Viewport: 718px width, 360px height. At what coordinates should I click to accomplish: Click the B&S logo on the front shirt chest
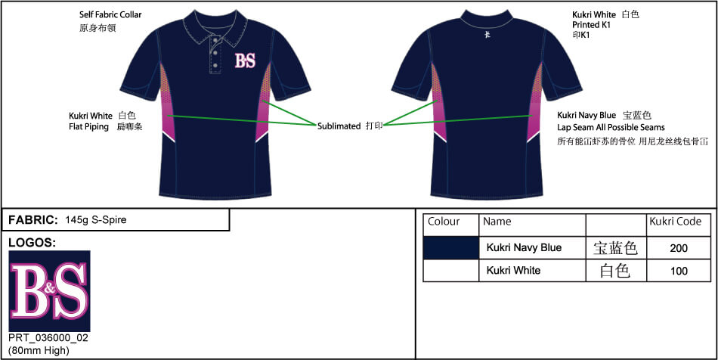244,61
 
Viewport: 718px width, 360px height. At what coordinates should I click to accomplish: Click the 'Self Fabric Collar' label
110,15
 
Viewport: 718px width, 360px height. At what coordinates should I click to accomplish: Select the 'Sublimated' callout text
339,126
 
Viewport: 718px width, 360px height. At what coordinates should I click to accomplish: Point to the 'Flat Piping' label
91,127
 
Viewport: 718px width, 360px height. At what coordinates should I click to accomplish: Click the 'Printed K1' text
592,25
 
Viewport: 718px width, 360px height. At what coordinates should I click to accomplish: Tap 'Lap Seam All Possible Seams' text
611,128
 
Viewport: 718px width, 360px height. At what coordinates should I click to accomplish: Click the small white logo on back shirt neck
487,35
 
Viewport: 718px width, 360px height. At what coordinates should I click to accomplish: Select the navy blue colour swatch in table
450,247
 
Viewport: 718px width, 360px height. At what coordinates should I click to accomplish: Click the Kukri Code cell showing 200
679,248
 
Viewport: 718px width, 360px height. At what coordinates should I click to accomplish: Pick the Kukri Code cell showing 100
679,271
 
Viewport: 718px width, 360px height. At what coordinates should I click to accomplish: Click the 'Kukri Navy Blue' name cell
524,247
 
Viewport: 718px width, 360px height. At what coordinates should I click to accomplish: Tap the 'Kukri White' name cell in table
513,270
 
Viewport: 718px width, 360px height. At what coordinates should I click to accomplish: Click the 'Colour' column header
444,222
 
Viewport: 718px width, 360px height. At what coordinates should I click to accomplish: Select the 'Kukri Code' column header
675,222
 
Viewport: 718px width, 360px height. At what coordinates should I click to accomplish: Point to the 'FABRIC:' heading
33,220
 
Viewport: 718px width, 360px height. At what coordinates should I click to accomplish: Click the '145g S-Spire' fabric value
96,220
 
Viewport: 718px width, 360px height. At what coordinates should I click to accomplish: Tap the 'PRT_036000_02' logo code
48,338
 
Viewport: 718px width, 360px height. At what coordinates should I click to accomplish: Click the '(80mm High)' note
39,350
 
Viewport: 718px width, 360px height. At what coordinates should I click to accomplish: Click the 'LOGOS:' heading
32,243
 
